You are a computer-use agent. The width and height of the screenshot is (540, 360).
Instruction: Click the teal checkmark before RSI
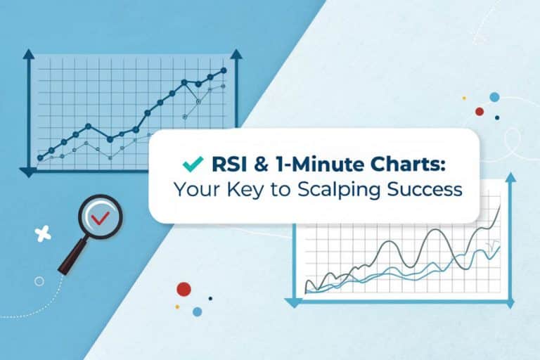coord(191,164)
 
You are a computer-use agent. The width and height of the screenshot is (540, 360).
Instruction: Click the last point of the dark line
coord(224,70)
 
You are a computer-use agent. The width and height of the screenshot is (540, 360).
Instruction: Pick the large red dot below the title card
coord(184,288)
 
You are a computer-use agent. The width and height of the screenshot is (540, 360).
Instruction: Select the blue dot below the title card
coord(198,311)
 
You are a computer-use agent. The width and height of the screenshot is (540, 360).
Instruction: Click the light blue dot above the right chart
coord(494,97)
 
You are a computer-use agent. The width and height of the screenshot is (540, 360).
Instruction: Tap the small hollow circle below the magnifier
coord(39,281)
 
